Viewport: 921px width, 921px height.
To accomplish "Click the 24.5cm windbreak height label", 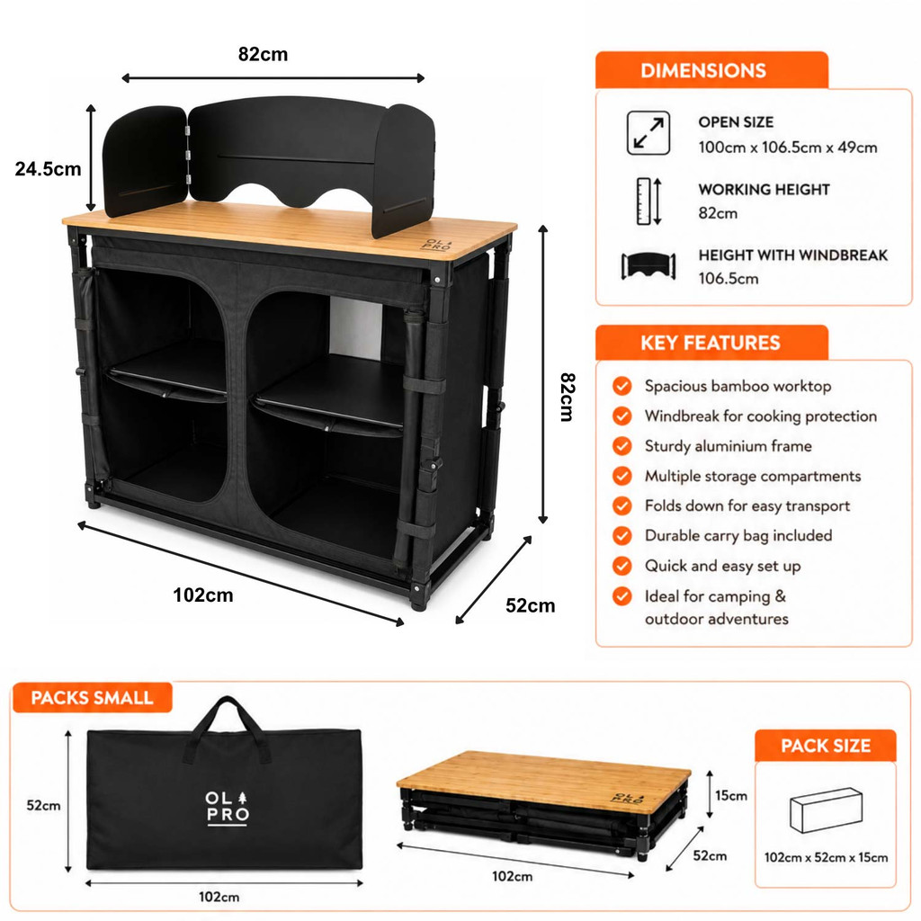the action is (x=49, y=169).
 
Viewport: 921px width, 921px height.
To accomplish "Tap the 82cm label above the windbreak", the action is (x=264, y=54).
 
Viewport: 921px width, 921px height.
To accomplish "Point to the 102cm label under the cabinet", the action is (x=203, y=595).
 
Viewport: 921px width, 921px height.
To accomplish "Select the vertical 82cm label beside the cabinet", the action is (x=567, y=397).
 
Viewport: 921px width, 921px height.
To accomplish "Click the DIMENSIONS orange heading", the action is (x=703, y=70).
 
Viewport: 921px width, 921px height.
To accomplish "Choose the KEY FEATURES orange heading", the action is (x=711, y=343).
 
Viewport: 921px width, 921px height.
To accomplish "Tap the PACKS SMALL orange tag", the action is (x=93, y=698).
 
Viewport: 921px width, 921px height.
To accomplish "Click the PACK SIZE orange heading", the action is (x=826, y=746).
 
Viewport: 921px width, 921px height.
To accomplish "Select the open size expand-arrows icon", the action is (x=648, y=133).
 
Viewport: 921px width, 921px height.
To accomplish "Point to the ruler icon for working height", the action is (x=648, y=201).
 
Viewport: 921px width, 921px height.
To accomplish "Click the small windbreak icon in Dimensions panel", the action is (x=648, y=266).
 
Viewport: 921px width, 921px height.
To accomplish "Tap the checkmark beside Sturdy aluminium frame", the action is (x=622, y=446).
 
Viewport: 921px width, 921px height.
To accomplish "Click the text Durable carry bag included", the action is (x=738, y=536).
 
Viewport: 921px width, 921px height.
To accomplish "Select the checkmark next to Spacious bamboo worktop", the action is (x=622, y=386).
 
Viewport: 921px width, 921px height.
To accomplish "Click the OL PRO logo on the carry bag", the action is (x=228, y=809).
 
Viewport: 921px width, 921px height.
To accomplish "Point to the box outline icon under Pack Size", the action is (x=826, y=810).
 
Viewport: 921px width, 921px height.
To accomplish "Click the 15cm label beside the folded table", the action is (x=731, y=795).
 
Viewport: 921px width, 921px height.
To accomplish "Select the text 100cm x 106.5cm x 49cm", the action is (x=788, y=148).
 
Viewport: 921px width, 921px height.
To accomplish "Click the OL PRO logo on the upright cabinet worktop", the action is (x=438, y=245).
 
